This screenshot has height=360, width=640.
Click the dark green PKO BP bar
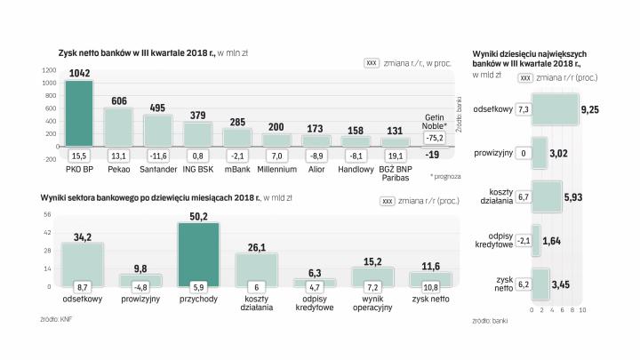(79, 113)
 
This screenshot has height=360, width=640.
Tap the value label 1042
(79, 71)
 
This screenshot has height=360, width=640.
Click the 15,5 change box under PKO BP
(79, 156)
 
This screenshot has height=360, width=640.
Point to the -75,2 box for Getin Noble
(434, 138)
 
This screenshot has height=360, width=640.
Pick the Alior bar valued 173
(316, 140)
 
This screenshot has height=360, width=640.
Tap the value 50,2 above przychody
(199, 215)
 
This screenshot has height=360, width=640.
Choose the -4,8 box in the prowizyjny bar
(140, 287)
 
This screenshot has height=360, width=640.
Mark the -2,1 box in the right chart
(524, 240)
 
